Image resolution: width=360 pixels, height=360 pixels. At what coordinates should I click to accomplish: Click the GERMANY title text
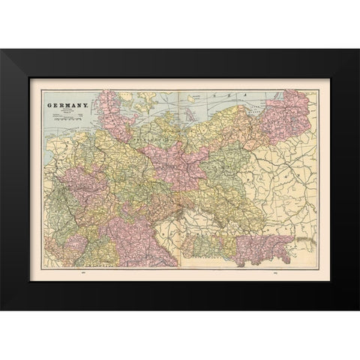[x=68, y=106]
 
